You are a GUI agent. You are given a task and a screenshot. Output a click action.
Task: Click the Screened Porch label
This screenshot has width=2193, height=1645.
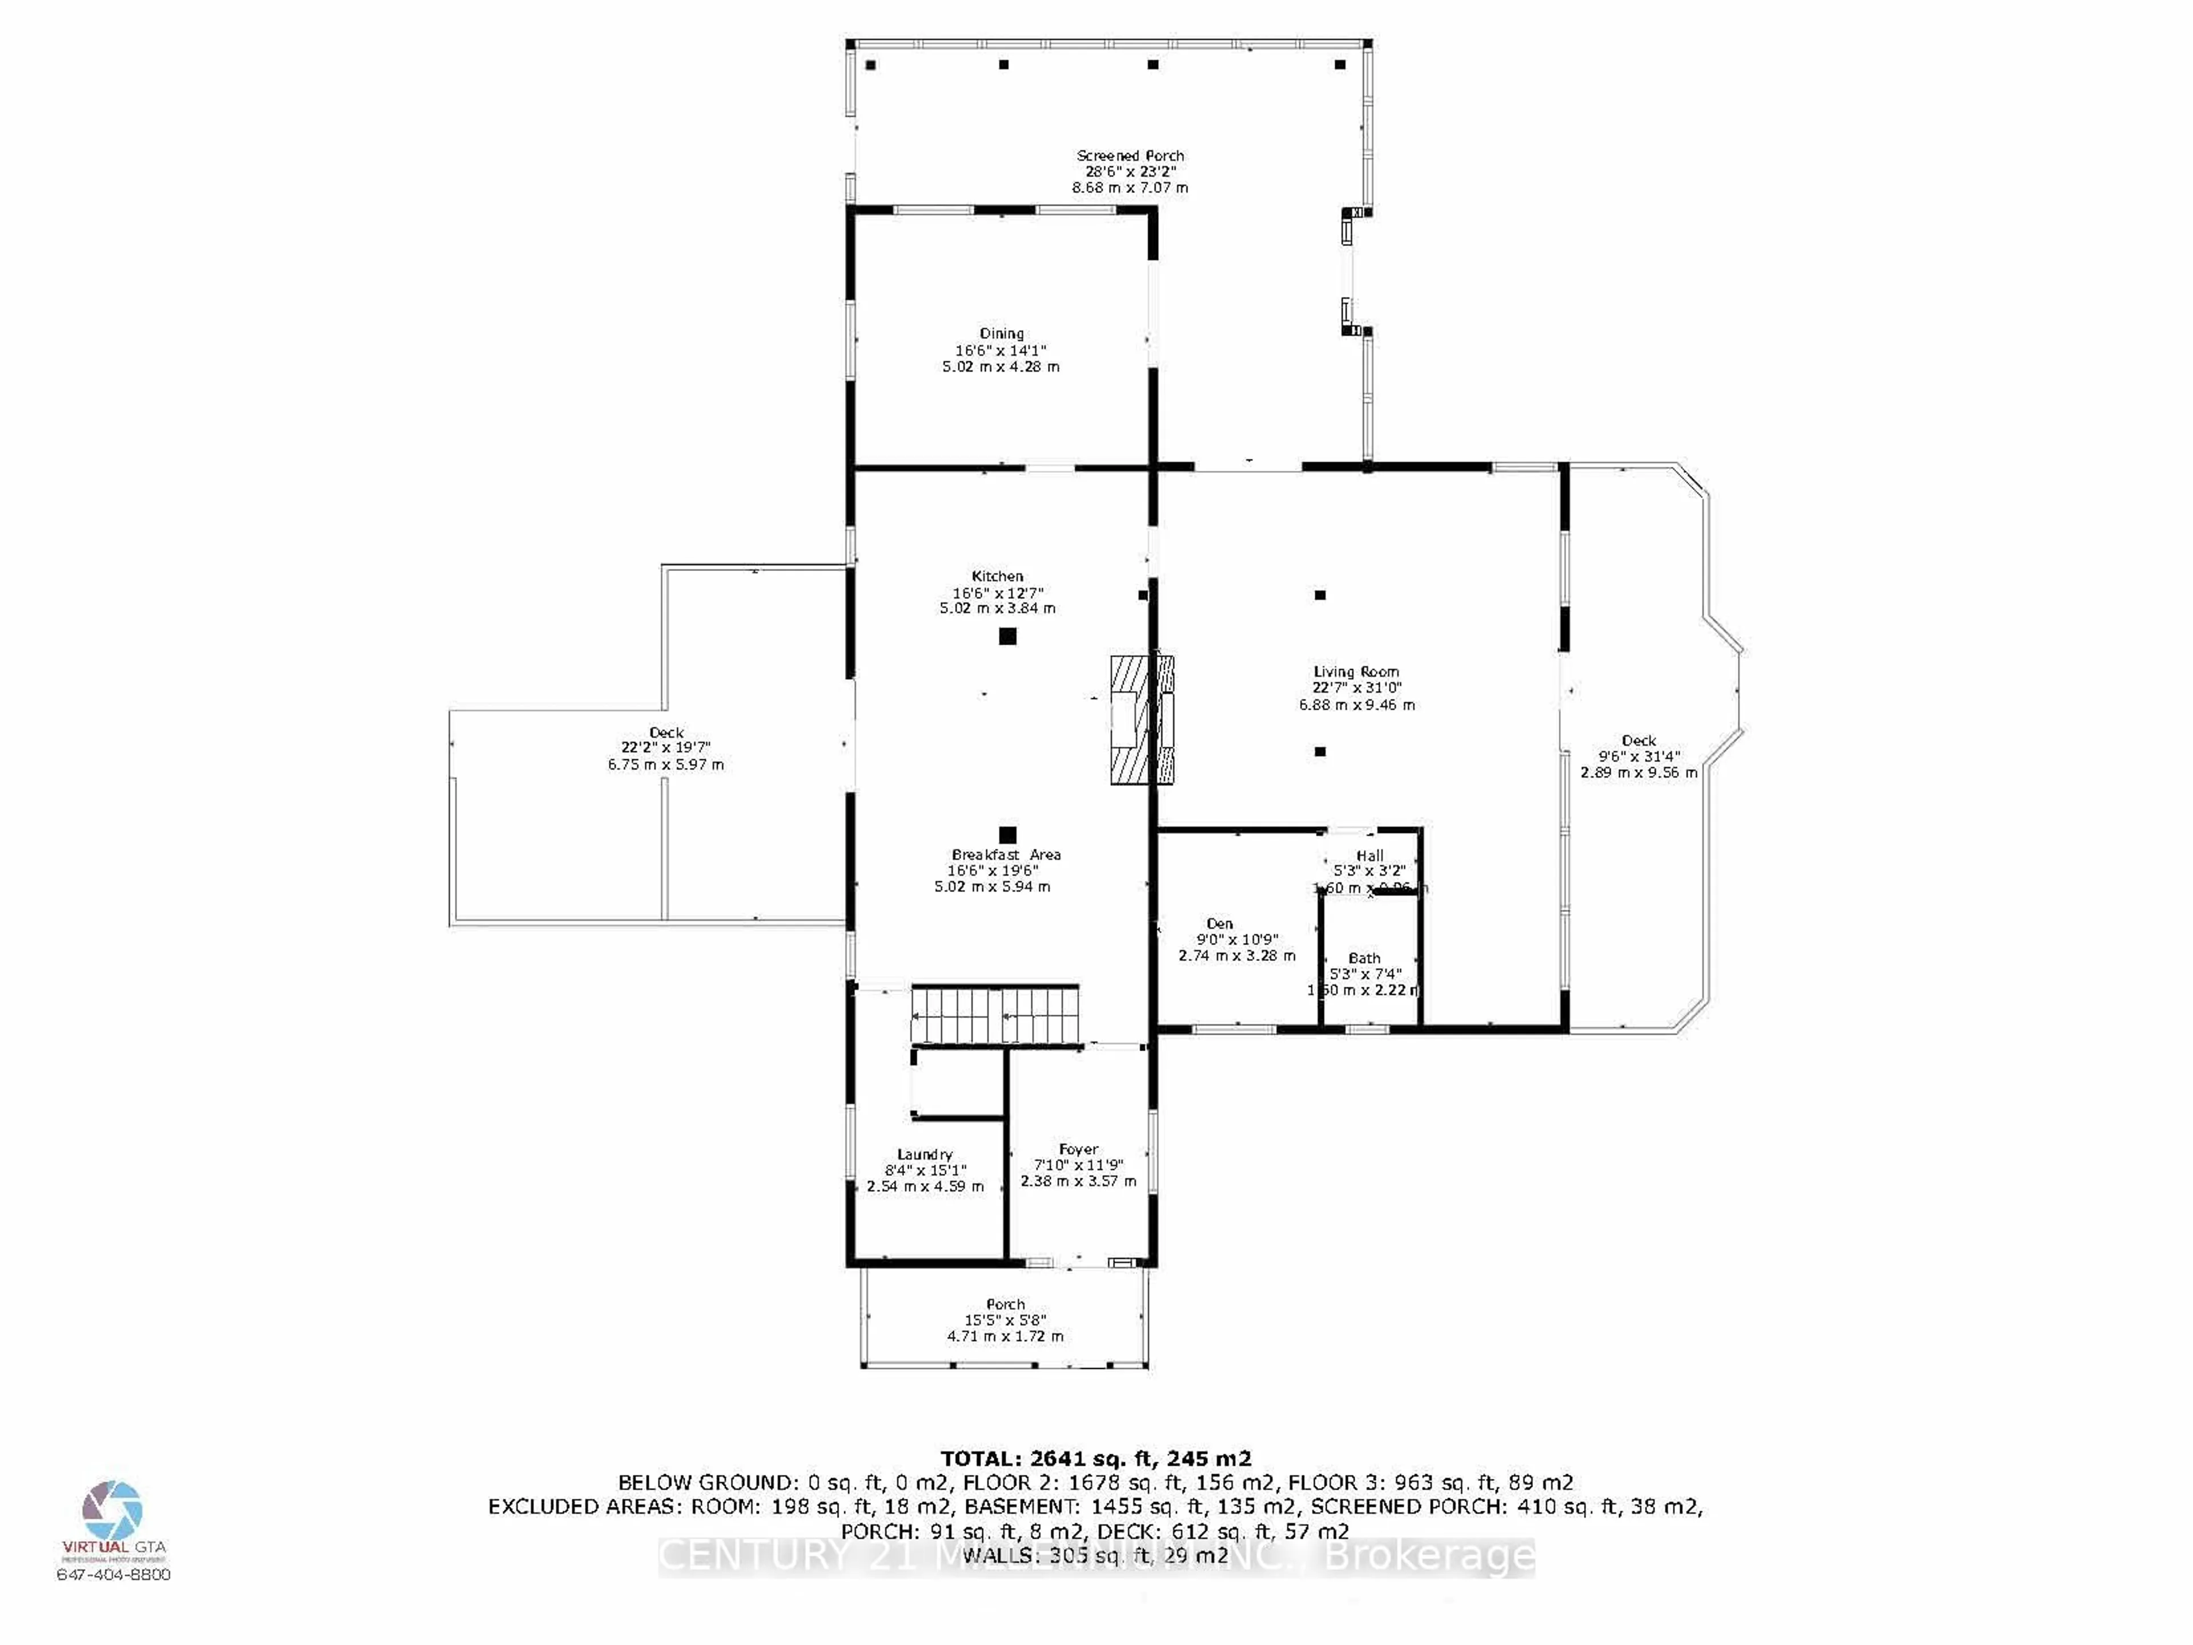1130,155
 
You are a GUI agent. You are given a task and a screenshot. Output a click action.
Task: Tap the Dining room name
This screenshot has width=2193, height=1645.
1001,334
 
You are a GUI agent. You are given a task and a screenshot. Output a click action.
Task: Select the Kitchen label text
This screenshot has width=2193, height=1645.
997,576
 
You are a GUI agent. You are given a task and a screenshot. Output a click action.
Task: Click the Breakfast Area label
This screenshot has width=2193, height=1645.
1005,854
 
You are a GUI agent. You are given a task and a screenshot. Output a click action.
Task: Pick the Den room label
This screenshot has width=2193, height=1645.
1219,924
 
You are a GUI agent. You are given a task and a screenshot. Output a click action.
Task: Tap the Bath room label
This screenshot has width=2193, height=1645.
1364,958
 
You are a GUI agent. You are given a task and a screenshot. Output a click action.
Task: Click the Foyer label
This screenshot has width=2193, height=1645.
1079,1149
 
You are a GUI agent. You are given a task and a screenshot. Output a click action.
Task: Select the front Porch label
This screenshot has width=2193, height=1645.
1005,1304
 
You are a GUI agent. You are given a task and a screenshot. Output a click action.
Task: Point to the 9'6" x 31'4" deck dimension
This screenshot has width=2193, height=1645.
1639,756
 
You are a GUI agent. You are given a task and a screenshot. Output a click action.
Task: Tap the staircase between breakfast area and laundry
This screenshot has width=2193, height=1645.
994,1015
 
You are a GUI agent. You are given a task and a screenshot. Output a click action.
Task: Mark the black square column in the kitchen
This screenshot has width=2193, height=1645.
1007,636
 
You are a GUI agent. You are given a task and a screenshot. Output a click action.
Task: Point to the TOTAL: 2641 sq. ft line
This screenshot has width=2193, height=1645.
1095,1459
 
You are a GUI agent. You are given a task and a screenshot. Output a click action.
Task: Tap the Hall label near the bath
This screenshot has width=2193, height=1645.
1370,855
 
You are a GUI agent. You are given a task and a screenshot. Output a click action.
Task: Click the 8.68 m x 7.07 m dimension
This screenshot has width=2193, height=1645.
1130,187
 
